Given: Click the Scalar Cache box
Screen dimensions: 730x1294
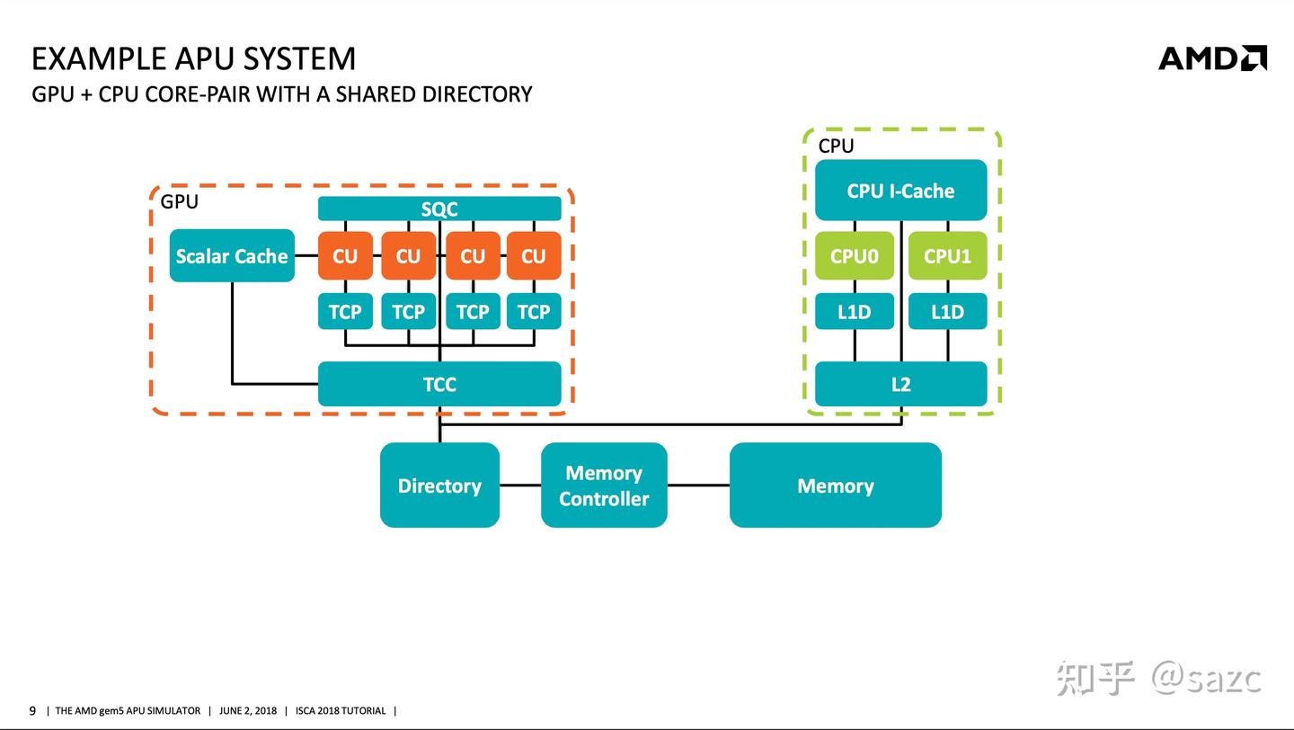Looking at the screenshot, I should click(x=232, y=256).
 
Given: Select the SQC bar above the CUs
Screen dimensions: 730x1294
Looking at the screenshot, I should click(x=439, y=209).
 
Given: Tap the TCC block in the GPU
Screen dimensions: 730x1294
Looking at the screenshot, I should click(x=439, y=384).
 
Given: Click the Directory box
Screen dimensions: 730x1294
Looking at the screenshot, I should click(x=439, y=485).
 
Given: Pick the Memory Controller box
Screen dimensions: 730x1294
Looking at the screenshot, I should click(x=604, y=485).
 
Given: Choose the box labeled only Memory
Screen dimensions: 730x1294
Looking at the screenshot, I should click(x=835, y=485).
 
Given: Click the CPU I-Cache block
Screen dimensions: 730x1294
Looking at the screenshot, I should click(x=900, y=191).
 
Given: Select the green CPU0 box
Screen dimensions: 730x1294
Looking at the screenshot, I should click(x=854, y=256).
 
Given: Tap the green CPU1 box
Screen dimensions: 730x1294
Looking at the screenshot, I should click(x=947, y=256).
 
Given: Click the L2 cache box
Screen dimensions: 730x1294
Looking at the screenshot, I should click(x=900, y=384).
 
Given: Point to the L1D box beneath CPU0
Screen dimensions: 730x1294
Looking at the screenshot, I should click(x=854, y=311).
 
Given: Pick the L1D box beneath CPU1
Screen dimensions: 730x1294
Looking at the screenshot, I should click(x=947, y=311).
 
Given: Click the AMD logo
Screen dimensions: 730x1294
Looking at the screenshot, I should click(x=1212, y=58).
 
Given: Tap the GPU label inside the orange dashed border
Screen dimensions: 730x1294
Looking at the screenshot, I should click(x=179, y=201).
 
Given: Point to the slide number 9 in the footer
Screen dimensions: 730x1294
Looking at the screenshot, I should click(x=33, y=711).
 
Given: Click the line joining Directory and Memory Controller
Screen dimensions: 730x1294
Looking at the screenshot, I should click(x=520, y=485).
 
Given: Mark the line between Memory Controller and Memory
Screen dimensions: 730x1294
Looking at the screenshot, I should click(x=698, y=485).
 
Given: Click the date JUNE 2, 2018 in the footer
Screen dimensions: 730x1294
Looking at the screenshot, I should click(x=248, y=711).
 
